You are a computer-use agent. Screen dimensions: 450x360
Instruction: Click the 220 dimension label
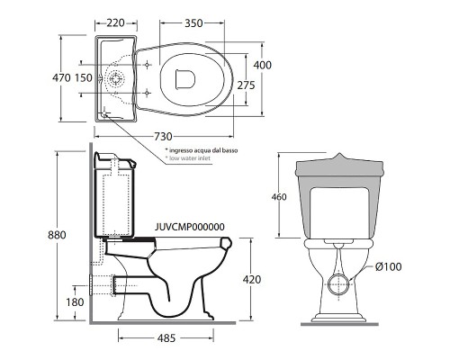coord(115,23)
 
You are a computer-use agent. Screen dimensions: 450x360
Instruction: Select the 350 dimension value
coord(193,23)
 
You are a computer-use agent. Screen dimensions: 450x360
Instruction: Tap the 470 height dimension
coord(61,77)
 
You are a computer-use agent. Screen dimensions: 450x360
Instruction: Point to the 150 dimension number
coord(84,77)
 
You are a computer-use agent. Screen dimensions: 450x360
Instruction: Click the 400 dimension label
coord(262,65)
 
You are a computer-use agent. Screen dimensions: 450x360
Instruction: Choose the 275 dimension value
coord(246,85)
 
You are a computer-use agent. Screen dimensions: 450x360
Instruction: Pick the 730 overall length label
coord(163,137)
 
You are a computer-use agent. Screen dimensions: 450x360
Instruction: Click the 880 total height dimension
coord(57,235)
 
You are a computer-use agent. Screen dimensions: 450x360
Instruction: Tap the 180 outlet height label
coord(75,302)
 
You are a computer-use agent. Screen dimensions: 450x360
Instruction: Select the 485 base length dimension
coord(166,338)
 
